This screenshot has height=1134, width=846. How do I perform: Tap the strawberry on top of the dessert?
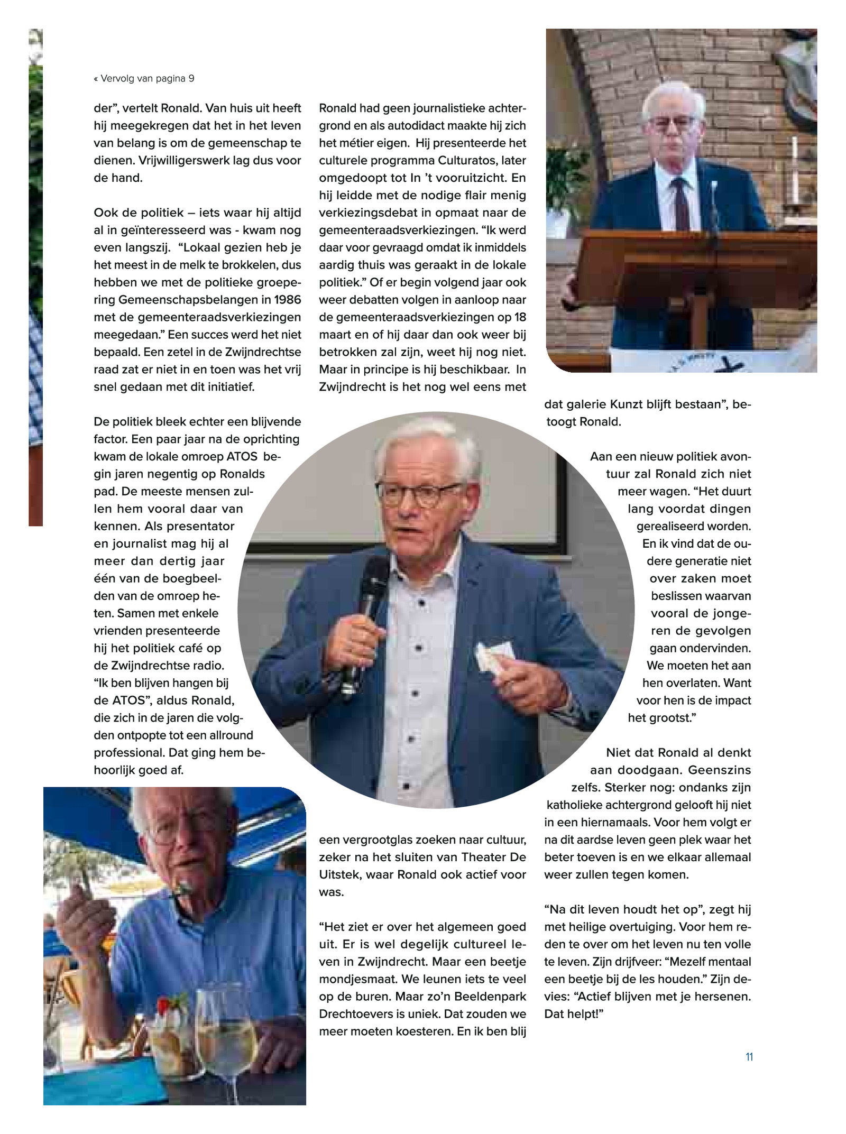pyautogui.click(x=165, y=1002)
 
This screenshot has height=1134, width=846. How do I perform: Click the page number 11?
pyautogui.click(x=749, y=1067)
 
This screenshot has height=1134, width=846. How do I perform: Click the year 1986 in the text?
pyautogui.click(x=288, y=300)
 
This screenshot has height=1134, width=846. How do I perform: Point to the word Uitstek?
pyautogui.click(x=338, y=874)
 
